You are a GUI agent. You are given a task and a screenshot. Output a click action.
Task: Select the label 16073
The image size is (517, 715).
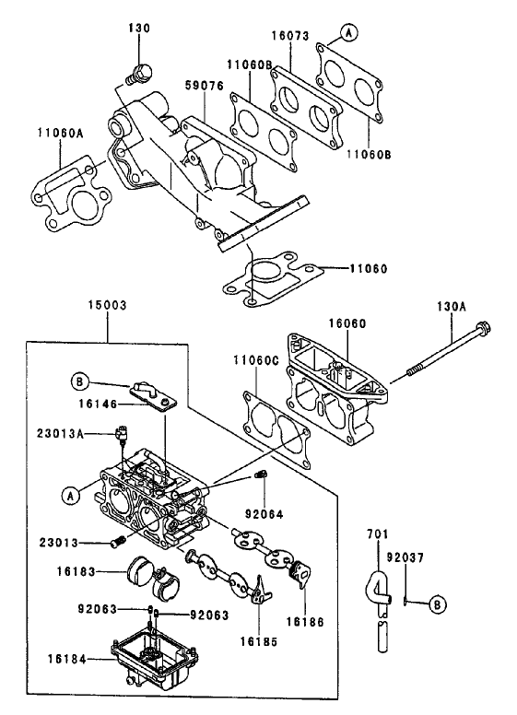click(x=290, y=38)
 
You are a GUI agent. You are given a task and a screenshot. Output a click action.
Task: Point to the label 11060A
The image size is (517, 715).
click(x=61, y=134)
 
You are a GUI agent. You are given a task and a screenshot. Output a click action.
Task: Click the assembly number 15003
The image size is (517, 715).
click(x=108, y=304)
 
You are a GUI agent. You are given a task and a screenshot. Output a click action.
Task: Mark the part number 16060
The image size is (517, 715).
click(x=347, y=324)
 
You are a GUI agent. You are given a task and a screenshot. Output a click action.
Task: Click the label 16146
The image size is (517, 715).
click(x=97, y=404)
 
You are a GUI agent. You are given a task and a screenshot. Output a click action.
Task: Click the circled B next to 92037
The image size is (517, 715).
click(x=437, y=604)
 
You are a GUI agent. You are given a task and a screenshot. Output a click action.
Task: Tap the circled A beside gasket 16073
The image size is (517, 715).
click(x=348, y=32)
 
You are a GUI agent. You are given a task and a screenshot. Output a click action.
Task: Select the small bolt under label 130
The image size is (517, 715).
click(x=141, y=72)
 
